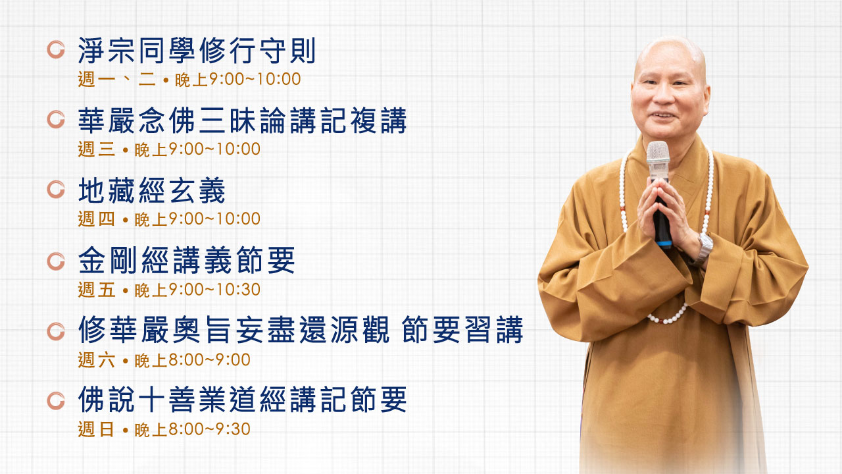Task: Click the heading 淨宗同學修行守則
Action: (x=197, y=51)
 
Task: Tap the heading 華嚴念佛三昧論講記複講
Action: (x=243, y=120)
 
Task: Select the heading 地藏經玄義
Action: (x=151, y=191)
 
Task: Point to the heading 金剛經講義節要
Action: (x=186, y=260)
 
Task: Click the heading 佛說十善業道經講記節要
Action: (x=243, y=399)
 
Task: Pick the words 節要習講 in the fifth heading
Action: (x=462, y=330)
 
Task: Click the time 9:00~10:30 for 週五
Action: (x=214, y=290)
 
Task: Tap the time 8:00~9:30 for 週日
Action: (x=209, y=429)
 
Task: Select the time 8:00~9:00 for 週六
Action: (x=209, y=360)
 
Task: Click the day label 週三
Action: (x=96, y=149)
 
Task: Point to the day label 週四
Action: (x=96, y=219)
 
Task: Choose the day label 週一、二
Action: (x=116, y=80)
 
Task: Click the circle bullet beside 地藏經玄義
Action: (x=56, y=190)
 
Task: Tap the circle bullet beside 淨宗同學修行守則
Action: (x=56, y=49)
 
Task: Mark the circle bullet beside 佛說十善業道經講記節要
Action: (x=56, y=401)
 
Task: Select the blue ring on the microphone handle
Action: (x=664, y=244)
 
